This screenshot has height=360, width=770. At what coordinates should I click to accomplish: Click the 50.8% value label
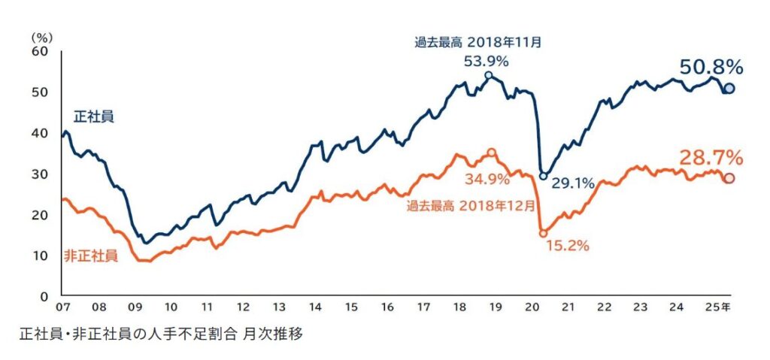coord(711,67)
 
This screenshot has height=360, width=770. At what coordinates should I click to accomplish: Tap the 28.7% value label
coord(711,158)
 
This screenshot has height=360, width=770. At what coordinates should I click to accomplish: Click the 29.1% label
coord(573,182)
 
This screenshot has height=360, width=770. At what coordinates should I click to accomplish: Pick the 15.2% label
coord(566,245)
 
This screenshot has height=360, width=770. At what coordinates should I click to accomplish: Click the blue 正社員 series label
coord(93,116)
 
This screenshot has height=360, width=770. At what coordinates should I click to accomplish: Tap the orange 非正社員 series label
coord(94,256)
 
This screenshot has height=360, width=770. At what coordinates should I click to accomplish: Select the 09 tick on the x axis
coord(135,307)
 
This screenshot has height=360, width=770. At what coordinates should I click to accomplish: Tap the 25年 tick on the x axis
coord(719,307)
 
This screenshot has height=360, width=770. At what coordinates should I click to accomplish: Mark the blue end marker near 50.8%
coord(729,89)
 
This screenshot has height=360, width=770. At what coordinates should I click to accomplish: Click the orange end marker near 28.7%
coord(729,178)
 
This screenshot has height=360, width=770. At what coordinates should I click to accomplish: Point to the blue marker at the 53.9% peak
coord(489,75)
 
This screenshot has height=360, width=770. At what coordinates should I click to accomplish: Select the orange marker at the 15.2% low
coord(544,234)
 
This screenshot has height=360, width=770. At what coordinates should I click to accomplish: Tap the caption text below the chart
coord(161,333)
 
